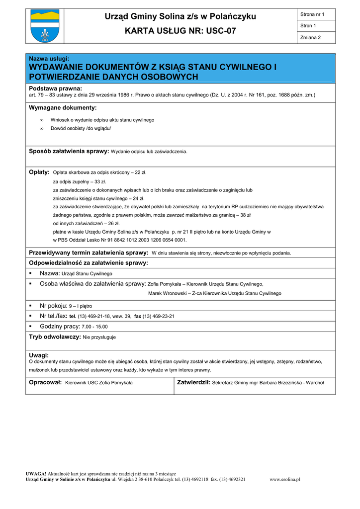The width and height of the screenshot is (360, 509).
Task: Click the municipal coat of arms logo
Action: (x=45, y=26)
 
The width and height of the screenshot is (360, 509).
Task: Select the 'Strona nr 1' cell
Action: (x=312, y=14)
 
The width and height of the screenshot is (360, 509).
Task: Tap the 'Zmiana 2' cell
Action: (x=311, y=38)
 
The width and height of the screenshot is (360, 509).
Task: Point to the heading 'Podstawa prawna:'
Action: (x=55, y=88)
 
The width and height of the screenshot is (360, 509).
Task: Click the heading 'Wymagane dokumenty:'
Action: (x=63, y=107)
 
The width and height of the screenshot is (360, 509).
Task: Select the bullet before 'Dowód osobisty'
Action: (x=41, y=129)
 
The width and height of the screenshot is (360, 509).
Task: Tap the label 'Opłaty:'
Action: (x=39, y=172)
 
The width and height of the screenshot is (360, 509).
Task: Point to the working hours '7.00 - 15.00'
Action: (x=94, y=327)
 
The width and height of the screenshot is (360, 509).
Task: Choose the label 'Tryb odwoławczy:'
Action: (x=55, y=337)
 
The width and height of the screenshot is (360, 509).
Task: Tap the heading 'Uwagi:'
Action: (x=39, y=355)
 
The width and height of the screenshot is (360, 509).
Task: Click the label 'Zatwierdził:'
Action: (x=194, y=382)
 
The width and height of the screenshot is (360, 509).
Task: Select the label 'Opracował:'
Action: (x=45, y=382)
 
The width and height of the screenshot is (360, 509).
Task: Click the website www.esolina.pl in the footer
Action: (x=284, y=479)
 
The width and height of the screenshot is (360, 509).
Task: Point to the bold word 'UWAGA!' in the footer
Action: (x=36, y=474)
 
